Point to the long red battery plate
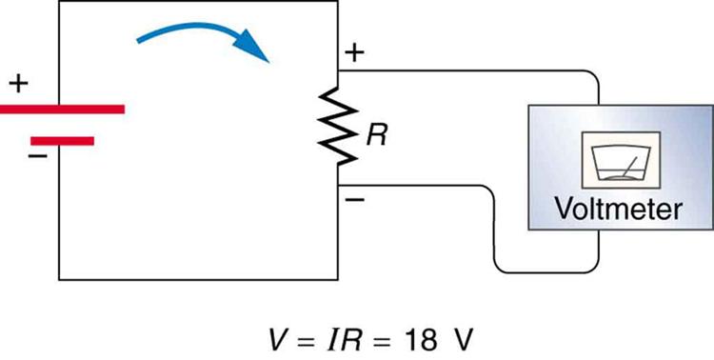[63, 109]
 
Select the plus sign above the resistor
[353, 53]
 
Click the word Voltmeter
[620, 209]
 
